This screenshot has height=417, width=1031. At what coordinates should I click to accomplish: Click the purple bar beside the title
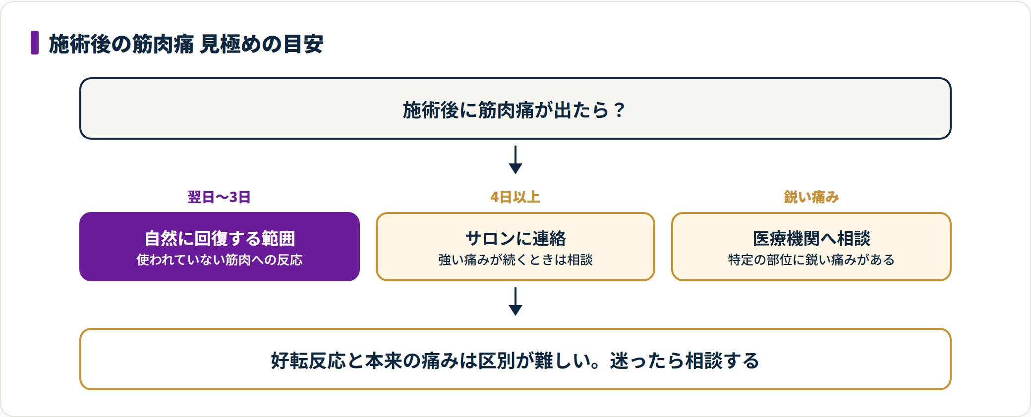[x=35, y=43]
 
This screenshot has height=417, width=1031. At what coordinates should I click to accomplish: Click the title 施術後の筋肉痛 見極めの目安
[x=186, y=44]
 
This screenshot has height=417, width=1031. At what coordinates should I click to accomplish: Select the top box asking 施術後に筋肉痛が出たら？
[x=515, y=108]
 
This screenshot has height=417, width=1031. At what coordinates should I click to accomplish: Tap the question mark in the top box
[x=619, y=110]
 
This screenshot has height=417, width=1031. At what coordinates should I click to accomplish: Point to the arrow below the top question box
[x=515, y=159]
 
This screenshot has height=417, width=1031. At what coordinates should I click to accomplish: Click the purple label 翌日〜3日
[x=219, y=197]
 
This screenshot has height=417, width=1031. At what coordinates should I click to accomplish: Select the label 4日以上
[x=515, y=197]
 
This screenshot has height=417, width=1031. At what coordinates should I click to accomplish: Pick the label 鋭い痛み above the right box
[x=811, y=197]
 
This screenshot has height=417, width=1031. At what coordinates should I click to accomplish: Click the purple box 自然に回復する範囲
[x=220, y=247]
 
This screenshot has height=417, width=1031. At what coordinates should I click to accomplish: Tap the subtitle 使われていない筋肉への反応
[x=220, y=260]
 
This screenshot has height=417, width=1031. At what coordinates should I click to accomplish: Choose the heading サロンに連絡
[x=515, y=239]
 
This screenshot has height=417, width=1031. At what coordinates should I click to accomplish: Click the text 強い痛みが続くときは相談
[x=515, y=260]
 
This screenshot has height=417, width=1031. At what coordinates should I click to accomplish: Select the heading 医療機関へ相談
[x=811, y=239]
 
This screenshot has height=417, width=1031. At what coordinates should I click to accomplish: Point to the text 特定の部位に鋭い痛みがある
[x=811, y=260]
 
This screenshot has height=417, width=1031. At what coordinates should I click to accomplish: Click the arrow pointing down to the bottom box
[x=515, y=301]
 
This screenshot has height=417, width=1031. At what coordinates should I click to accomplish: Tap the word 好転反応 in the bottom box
[x=308, y=361]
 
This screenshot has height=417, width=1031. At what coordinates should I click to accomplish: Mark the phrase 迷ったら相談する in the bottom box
[x=685, y=361]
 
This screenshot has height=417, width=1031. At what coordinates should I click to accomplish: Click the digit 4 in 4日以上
[x=495, y=197]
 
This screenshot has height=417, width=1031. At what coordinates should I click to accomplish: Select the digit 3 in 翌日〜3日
[x=233, y=197]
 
